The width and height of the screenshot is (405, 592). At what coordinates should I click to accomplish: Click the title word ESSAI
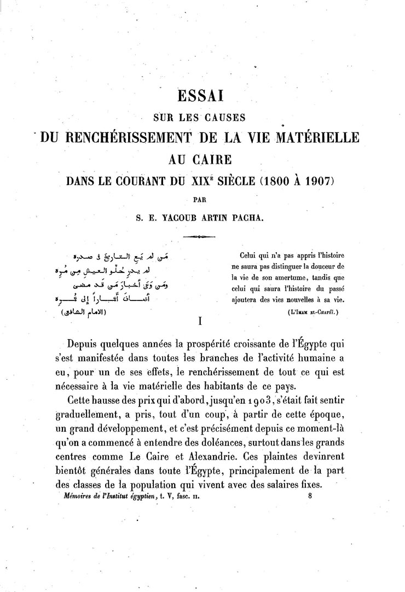coord(202,97)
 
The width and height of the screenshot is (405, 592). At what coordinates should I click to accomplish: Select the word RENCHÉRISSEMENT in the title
coord(128,137)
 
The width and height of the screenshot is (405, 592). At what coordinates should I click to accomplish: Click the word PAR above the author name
coord(202,200)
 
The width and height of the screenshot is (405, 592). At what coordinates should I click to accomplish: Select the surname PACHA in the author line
coord(250,216)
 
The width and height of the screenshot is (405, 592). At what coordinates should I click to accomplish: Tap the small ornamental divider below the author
coord(201,236)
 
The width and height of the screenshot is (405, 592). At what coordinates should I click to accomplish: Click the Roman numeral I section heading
coord(201,322)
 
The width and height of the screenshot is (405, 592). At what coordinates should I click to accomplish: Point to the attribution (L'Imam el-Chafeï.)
coord(312,312)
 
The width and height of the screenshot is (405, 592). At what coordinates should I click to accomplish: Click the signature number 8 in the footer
coord(310,497)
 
